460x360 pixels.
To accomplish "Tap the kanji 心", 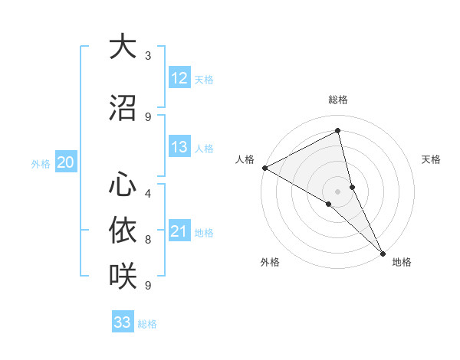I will click(123, 185).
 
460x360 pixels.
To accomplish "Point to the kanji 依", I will click(123, 230).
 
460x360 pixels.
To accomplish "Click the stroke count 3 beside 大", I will click(148, 56).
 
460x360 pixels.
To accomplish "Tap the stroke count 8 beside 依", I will click(148, 240).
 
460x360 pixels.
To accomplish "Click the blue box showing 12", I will click(179, 78).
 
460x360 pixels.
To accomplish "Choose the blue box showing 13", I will click(179, 147).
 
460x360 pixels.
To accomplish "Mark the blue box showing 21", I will click(179, 232).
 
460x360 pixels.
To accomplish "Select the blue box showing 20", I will click(66, 162).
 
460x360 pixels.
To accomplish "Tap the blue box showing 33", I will click(123, 322).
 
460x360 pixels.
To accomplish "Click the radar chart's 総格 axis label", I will click(338, 100).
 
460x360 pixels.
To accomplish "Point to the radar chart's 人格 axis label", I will click(245, 159).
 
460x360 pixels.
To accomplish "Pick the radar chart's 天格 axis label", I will click(432, 159).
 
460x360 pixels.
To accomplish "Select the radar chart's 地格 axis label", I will click(402, 262).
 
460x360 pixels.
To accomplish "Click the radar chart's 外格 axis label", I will click(270, 262).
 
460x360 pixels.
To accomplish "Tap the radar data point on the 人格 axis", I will click(264, 168).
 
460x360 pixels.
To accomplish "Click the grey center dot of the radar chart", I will click(337, 191).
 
